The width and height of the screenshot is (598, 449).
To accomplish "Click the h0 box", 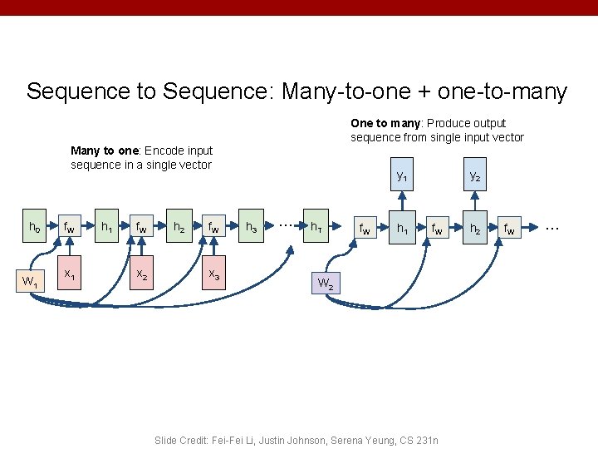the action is tap(34, 226).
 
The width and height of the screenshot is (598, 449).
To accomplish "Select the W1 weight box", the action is tap(30, 281).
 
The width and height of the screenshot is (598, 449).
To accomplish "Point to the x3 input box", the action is tap(213, 274).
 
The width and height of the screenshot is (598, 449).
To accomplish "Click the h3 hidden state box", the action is tap(251, 226).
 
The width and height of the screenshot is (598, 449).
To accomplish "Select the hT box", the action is tap(316, 226).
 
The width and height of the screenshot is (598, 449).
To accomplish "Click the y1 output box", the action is tap(402, 175).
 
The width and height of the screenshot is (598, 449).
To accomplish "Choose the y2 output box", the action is tap(474, 175).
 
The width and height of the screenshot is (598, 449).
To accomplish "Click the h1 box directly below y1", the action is tap(402, 226).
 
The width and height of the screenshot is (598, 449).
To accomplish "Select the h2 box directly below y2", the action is tap(474, 226).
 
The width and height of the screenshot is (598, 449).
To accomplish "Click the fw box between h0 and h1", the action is tap(70, 226).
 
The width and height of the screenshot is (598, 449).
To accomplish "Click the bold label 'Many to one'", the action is tap(105, 150).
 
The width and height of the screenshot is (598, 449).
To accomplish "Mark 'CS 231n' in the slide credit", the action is tap(417, 440).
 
